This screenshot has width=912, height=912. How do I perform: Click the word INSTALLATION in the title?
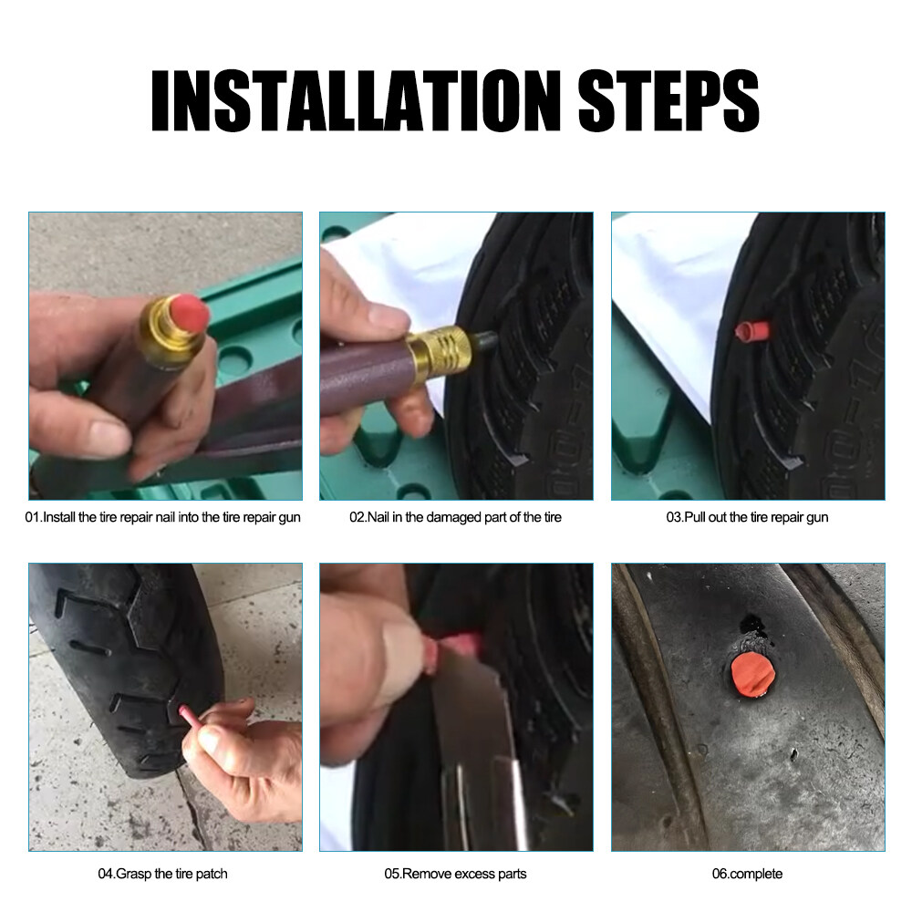356,100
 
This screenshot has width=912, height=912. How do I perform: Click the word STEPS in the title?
668,100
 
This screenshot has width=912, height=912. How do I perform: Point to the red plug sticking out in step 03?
752,331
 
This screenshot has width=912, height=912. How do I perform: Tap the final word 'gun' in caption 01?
289,518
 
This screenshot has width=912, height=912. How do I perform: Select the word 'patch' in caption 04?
212,875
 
